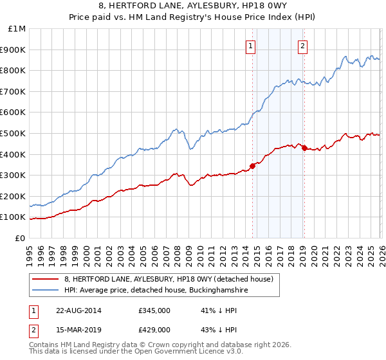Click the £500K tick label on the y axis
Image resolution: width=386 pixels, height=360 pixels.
[13, 133]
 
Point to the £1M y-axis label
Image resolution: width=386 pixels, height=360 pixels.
[16, 29]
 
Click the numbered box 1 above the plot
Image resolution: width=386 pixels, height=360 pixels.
[250, 46]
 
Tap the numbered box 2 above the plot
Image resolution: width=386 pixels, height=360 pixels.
[302, 46]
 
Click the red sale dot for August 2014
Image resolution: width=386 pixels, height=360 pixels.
[252, 166]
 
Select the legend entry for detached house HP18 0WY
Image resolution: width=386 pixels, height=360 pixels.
[169, 279]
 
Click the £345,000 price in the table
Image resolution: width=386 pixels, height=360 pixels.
[154, 310]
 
